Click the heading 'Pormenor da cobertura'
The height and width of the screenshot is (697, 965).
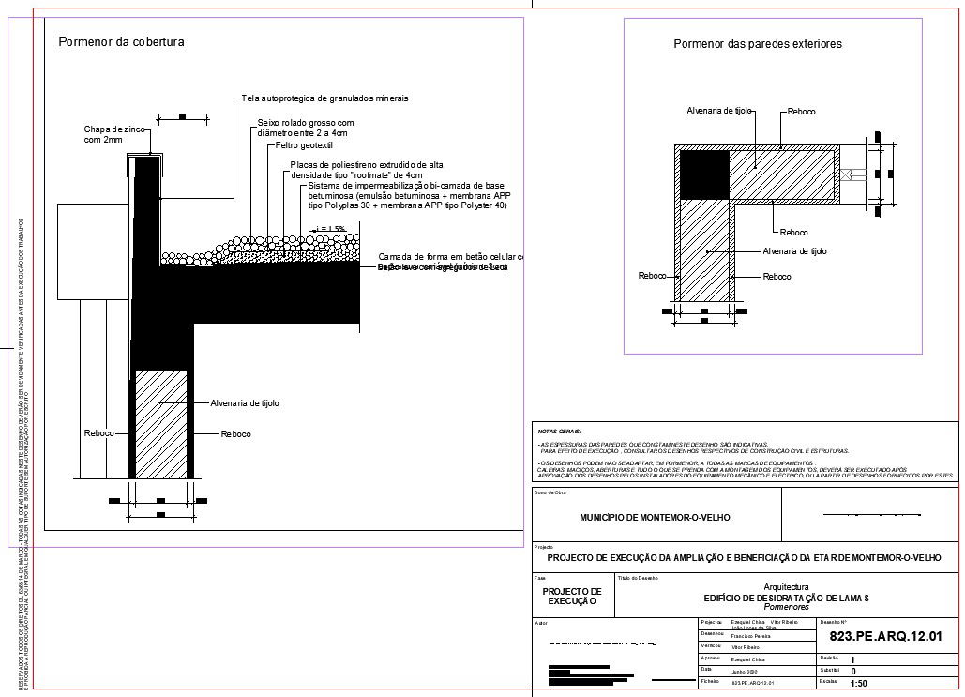click(x=121, y=42)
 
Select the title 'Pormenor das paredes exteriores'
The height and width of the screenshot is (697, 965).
click(x=758, y=44)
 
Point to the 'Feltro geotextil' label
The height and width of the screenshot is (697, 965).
click(x=305, y=146)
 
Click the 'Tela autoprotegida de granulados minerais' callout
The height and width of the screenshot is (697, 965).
click(x=324, y=98)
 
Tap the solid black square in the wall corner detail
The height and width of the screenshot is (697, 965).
click(x=703, y=174)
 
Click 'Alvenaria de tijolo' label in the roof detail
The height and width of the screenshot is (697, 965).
click(x=245, y=402)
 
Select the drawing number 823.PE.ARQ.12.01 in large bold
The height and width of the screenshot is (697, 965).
click(x=885, y=638)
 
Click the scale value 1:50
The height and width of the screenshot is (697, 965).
click(x=858, y=684)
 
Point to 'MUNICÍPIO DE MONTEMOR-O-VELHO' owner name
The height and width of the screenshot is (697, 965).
click(x=656, y=517)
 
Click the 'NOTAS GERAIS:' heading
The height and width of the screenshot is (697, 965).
click(x=559, y=431)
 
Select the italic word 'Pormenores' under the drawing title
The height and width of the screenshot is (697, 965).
click(x=787, y=607)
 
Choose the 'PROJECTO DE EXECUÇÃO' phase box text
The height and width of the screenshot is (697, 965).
click(x=572, y=596)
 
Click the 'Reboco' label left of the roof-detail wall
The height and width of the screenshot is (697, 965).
click(x=98, y=433)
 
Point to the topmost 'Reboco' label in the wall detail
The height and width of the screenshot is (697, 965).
click(x=802, y=112)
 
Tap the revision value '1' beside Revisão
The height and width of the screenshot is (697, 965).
click(x=852, y=659)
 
